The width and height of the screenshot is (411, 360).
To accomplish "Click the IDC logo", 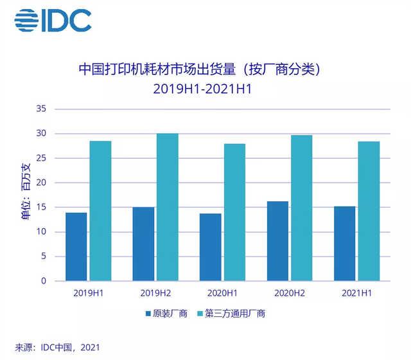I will pyautogui.click(x=53, y=21).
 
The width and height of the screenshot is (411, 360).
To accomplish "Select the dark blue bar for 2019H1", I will pyautogui.click(x=76, y=247).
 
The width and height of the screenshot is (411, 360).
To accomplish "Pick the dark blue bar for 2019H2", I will pyautogui.click(x=143, y=244).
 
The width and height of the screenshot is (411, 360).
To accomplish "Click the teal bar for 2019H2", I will pyautogui.click(x=168, y=207).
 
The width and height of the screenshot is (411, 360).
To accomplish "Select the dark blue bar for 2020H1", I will pyautogui.click(x=211, y=248).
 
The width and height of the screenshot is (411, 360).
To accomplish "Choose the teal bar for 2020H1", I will pyautogui.click(x=234, y=212).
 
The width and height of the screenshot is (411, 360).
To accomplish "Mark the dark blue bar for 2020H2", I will pyautogui.click(x=277, y=241).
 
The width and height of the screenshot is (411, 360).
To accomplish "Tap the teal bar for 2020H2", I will pyautogui.click(x=302, y=208).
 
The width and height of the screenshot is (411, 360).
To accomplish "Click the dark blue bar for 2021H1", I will pyautogui.click(x=344, y=244).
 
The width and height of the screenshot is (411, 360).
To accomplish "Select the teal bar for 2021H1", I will pyautogui.click(x=369, y=212).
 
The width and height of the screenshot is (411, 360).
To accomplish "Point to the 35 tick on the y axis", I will pyautogui.click(x=40, y=109).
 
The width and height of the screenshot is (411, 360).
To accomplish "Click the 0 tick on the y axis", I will pyautogui.click(x=42, y=281).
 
